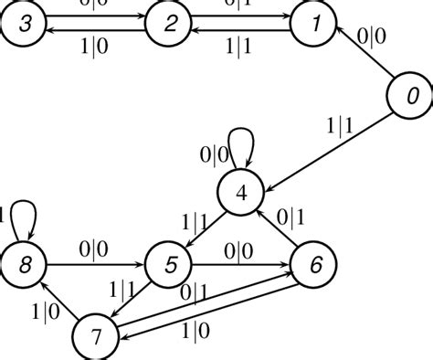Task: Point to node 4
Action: (241, 193)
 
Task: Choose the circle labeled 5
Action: (169, 265)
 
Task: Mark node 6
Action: (314, 265)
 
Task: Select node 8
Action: (24, 265)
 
